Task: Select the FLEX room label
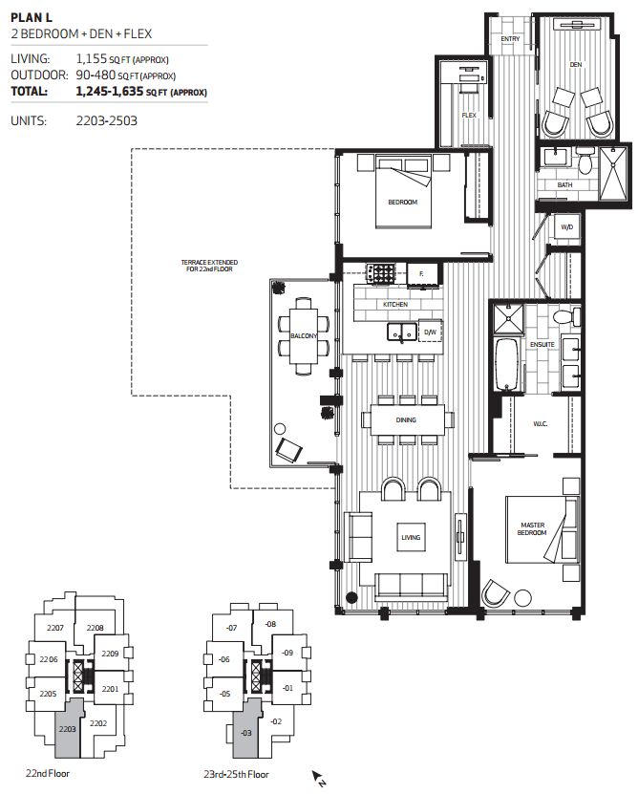coord(469,115)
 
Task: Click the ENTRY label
coord(511,39)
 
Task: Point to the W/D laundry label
coord(565,227)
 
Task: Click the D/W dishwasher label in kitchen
coord(430,333)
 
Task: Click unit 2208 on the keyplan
coord(95,628)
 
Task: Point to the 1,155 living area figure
coord(92,59)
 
